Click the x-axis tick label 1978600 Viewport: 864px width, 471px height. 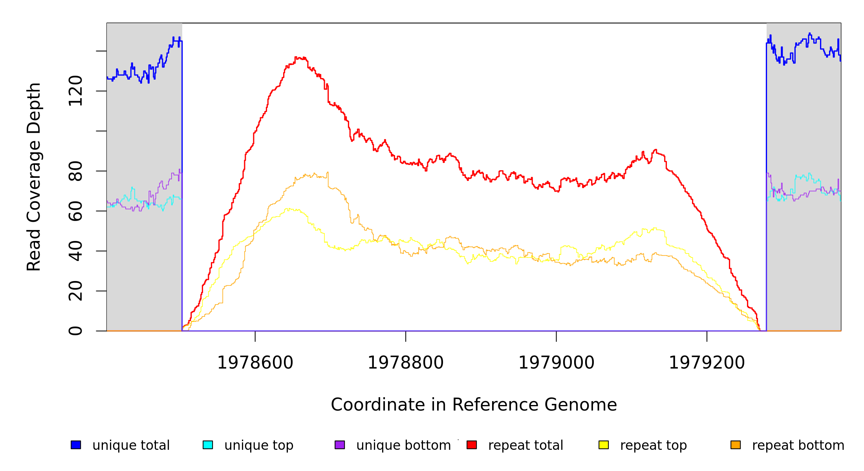point(255,363)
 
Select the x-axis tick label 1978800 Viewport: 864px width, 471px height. point(405,363)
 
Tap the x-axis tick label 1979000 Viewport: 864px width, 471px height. point(556,363)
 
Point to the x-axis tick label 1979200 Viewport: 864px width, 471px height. point(707,363)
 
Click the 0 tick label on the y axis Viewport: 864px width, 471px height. point(75,331)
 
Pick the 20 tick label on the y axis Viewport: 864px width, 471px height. point(75,291)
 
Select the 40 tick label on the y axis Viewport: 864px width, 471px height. point(75,251)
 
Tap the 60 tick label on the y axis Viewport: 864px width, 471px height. point(75,211)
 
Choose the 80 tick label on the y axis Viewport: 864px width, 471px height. point(75,171)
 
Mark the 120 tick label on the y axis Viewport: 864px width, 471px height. point(75,91)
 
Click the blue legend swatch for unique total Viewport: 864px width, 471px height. point(76,445)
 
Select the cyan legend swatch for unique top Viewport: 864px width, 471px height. point(208,445)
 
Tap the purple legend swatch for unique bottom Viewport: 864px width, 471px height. point(340,445)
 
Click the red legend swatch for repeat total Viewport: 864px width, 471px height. point(472,445)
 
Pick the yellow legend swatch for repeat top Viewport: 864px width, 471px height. point(604,445)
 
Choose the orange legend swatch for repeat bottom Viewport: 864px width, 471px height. point(736,445)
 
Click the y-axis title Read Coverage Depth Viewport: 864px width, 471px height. point(34,177)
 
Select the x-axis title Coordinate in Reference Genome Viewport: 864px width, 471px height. point(474,405)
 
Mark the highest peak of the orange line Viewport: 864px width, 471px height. point(328,172)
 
